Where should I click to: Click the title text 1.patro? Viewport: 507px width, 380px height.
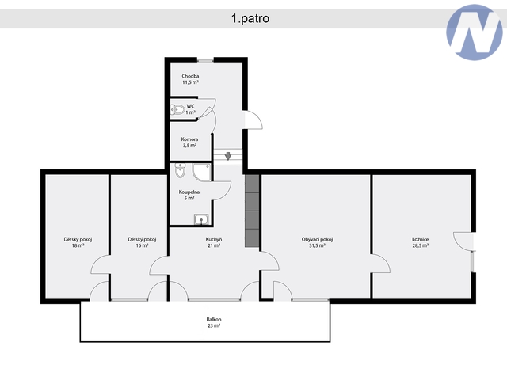(x=250, y=18)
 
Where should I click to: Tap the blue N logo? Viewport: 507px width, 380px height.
(x=475, y=32)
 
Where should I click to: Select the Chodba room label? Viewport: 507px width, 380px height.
(x=190, y=79)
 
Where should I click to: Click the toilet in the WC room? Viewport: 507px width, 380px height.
(x=177, y=110)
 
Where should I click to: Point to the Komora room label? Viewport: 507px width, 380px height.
(x=189, y=142)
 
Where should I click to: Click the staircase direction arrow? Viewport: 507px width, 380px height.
(x=228, y=156)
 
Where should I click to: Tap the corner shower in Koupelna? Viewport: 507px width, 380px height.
(x=202, y=173)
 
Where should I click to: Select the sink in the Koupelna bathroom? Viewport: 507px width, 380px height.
(x=201, y=219)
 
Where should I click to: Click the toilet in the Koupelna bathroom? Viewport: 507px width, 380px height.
(x=180, y=170)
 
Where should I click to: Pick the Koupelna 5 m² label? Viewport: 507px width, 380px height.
(x=189, y=196)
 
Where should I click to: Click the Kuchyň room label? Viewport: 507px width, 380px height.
(x=214, y=242)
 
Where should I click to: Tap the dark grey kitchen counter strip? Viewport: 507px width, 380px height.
(x=252, y=211)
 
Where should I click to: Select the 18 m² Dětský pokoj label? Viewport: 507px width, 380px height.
(x=78, y=242)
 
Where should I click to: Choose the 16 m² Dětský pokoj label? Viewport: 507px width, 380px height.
(x=142, y=242)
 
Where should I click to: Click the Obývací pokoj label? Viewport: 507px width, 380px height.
(x=317, y=242)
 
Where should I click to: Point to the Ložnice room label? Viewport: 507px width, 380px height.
(x=421, y=242)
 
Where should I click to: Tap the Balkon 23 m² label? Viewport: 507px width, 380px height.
(x=214, y=322)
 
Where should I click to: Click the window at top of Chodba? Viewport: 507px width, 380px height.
(x=205, y=60)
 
